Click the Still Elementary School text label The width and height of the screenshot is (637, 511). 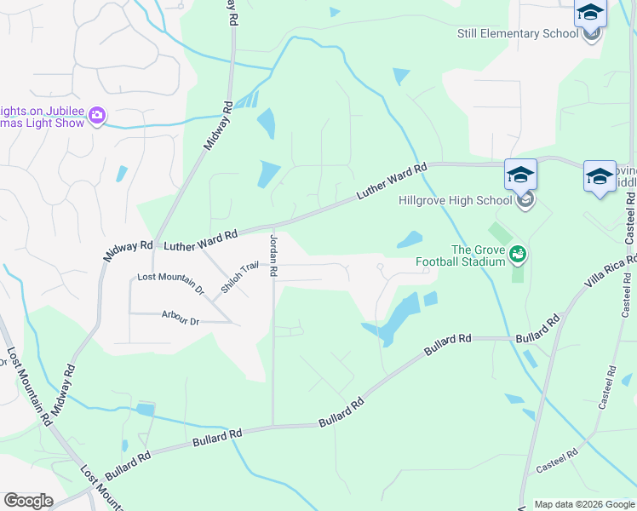point(518,33)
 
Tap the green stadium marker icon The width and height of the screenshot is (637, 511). point(518,254)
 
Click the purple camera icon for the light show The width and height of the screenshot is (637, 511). point(97,115)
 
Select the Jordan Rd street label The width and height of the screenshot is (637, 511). point(274,255)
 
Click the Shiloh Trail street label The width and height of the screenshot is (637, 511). point(239,277)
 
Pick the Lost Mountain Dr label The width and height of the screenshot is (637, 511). point(171,283)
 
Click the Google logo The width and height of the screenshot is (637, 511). point(28,501)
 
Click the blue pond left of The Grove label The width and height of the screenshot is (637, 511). point(408,241)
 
